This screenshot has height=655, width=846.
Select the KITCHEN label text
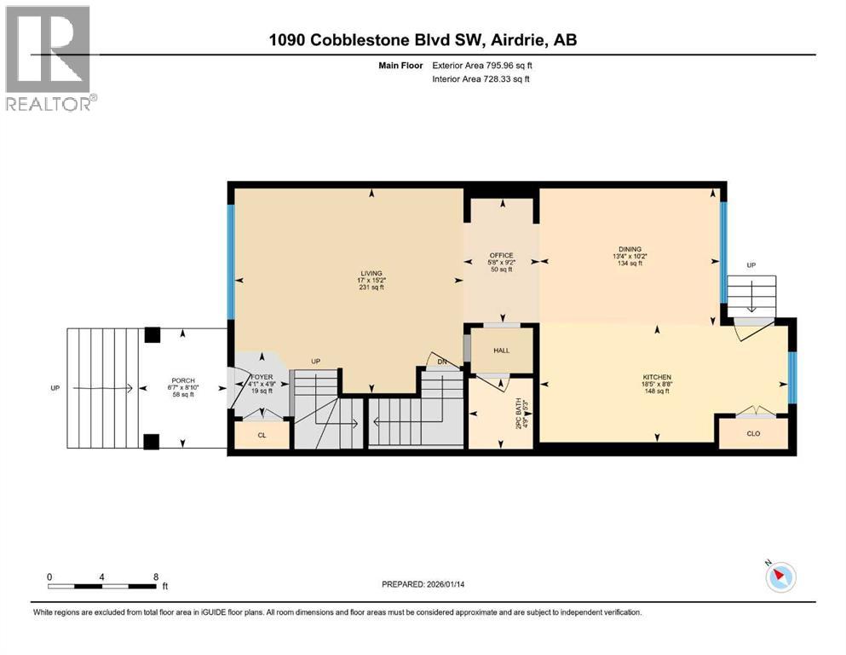(657, 377)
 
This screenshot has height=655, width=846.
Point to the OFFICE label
(500, 255)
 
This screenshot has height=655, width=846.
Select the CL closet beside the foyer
(262, 435)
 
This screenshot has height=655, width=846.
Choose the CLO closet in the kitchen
(752, 432)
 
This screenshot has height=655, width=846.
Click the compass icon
(780, 577)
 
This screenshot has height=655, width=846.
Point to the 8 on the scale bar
(155, 577)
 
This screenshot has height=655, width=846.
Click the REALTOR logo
(49, 58)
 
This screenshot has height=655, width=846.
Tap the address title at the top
(423, 40)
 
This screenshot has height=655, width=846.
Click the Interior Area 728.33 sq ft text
(481, 79)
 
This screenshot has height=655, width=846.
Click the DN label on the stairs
(440, 362)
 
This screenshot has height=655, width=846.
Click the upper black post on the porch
(152, 335)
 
